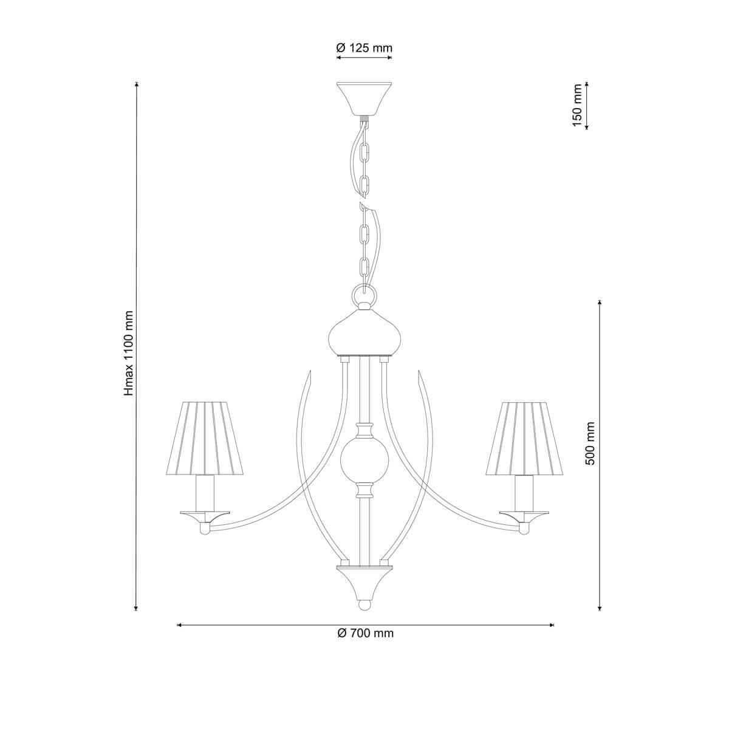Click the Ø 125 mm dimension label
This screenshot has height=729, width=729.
364,48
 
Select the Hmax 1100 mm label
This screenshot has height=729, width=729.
129,354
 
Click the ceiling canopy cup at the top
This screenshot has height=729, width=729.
364,99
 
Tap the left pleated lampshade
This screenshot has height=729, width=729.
205,438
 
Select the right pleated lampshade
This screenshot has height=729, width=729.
524,438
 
